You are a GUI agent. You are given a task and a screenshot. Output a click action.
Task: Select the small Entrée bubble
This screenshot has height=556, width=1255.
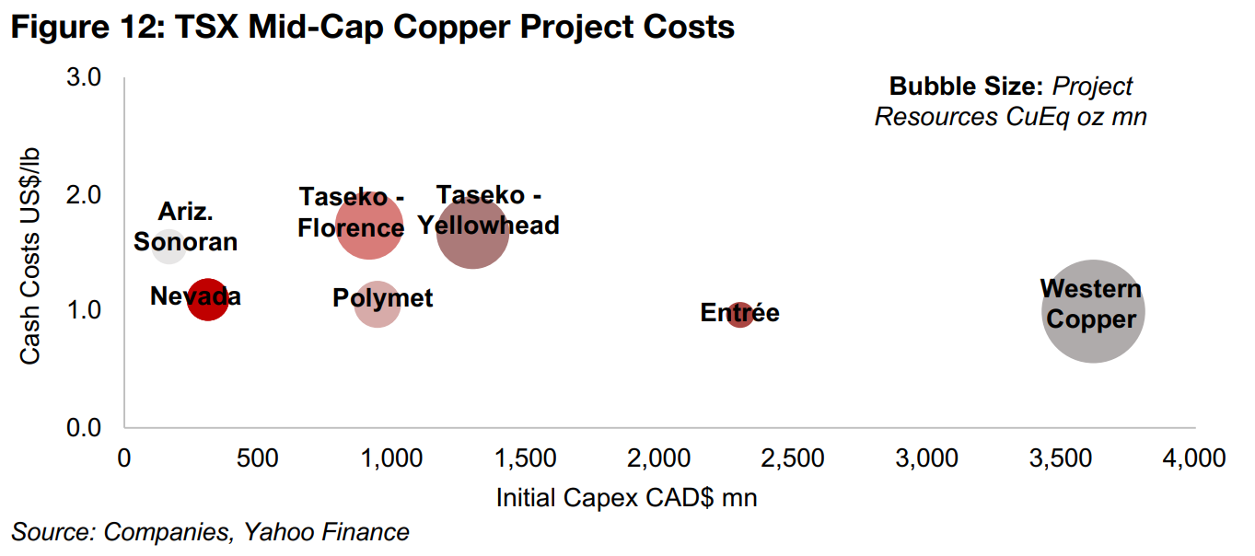tap(740, 314)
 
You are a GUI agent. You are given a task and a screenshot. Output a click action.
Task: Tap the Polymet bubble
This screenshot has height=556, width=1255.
tap(377, 304)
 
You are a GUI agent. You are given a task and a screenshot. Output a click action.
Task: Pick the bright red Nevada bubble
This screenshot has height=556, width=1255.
tap(207, 299)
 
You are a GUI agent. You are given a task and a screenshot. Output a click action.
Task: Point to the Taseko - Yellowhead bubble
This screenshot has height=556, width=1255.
tap(472, 231)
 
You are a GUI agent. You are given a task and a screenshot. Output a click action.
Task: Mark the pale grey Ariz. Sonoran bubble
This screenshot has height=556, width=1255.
tap(168, 247)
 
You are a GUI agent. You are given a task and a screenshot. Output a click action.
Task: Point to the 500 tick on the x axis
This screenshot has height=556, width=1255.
tap(257, 458)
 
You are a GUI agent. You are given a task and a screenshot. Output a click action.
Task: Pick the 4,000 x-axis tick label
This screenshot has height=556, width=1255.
tap(1194, 458)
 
